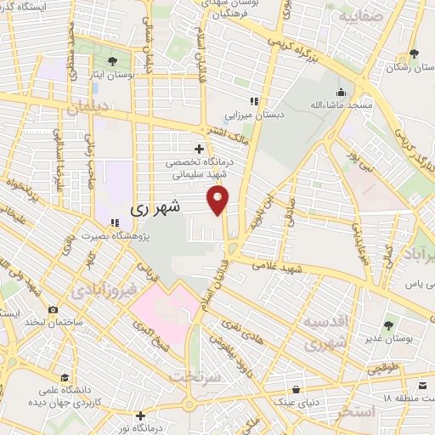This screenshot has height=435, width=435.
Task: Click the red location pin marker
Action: click(x=219, y=201)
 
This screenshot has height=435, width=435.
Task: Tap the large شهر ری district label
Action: click(x=157, y=207)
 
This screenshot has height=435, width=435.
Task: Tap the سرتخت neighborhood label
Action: click(x=195, y=376)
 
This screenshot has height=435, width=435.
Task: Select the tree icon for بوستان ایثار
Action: click(x=113, y=60)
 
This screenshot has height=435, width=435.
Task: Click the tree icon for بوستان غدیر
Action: click(x=389, y=325)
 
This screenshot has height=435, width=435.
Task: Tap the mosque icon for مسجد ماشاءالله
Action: click(x=342, y=92)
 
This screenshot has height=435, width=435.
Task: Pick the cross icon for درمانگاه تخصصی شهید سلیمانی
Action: click(x=199, y=150)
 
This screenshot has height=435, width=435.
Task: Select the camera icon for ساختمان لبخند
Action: click(x=54, y=310)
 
